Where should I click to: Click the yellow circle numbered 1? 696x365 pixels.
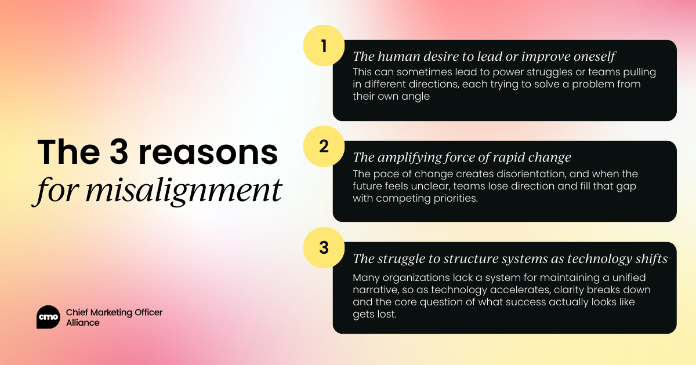[x=324, y=46]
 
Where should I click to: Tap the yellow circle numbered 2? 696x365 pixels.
[x=324, y=146]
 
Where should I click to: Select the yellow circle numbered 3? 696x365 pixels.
[x=324, y=248]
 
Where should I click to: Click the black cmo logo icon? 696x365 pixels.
[x=48, y=317]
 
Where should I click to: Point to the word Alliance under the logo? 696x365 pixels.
[x=82, y=323]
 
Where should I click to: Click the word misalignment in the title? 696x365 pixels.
[x=184, y=191]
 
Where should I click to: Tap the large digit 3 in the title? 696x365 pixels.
[x=119, y=152]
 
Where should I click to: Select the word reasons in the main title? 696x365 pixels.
[x=208, y=153]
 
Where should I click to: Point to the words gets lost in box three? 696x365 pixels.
[x=375, y=315]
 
